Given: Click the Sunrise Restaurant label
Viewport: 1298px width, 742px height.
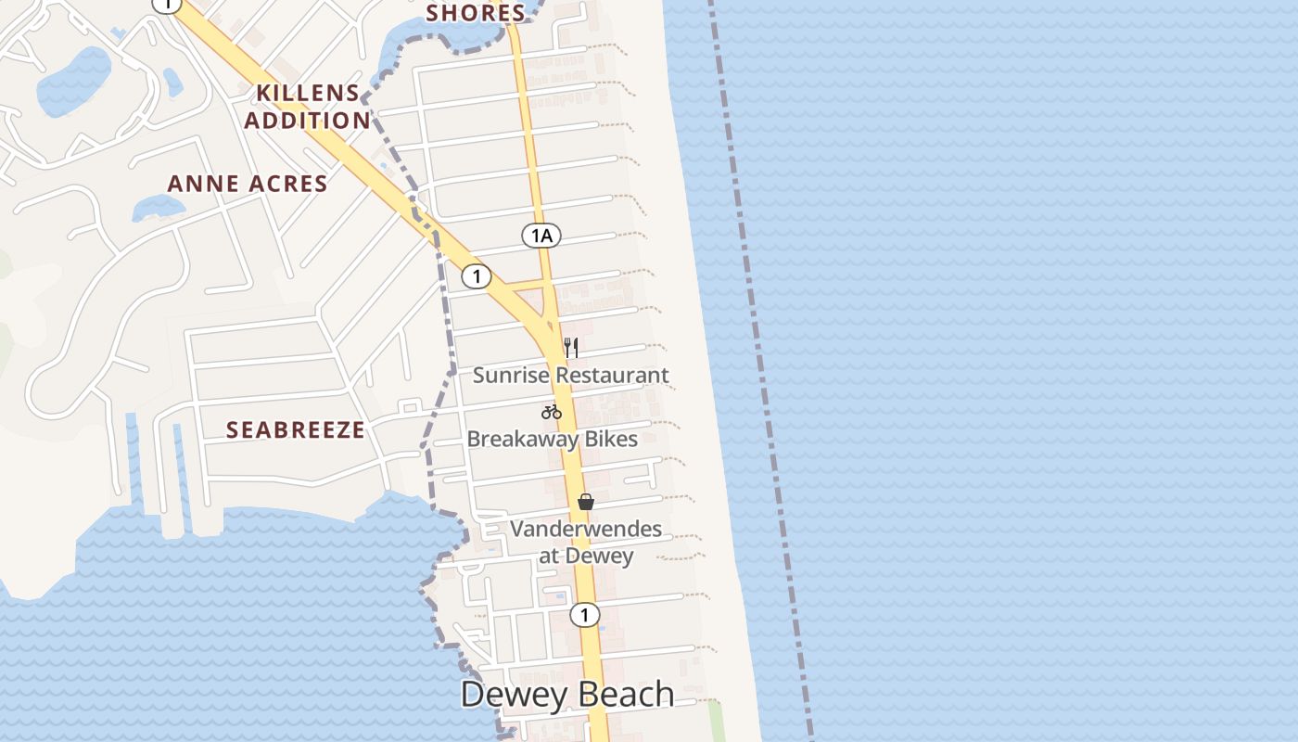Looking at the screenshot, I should (570, 376).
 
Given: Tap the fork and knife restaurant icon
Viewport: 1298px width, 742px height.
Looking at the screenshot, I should (571, 348).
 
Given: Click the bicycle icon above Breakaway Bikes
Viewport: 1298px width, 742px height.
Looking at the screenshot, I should (552, 412).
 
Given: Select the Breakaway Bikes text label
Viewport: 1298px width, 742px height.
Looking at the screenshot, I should (553, 439).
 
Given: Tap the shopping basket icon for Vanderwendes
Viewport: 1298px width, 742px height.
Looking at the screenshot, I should (586, 502).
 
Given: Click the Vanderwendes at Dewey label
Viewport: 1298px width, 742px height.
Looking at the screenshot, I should (586, 543).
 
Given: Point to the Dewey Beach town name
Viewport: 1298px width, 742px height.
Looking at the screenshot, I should (567, 695).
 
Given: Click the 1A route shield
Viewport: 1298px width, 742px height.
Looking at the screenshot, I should (541, 236).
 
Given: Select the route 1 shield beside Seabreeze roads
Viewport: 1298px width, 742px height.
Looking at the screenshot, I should (476, 275).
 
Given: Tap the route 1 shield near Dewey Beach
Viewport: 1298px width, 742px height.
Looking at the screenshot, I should (584, 614).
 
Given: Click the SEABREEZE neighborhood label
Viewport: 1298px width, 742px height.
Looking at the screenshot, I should (296, 430).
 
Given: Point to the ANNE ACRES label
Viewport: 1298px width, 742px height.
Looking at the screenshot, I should (248, 184).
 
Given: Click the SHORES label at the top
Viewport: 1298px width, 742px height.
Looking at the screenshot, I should (476, 13).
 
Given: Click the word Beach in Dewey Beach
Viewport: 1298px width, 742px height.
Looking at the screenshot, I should (623, 695).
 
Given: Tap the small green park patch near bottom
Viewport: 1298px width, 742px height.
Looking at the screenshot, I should (716, 720).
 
